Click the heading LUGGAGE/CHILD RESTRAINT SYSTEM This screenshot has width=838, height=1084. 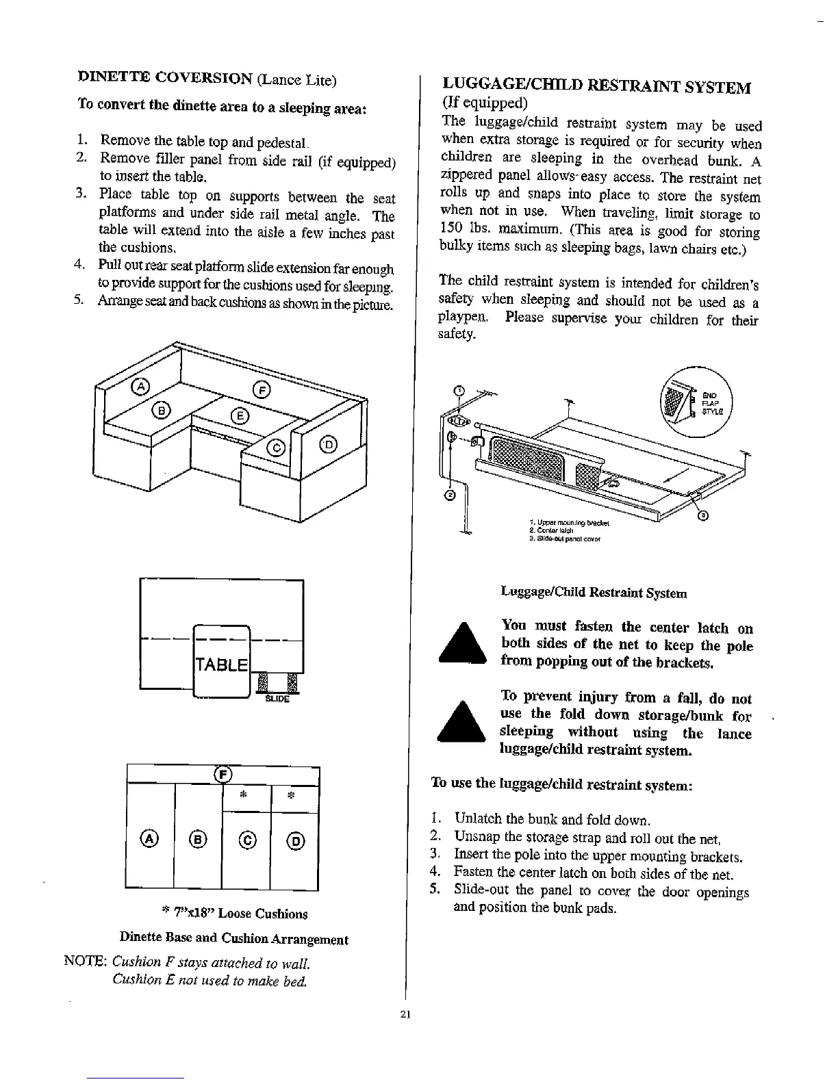(596, 87)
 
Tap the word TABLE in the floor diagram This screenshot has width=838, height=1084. (222, 665)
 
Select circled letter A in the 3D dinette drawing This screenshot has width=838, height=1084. (140, 387)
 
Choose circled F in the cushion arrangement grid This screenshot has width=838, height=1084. (223, 774)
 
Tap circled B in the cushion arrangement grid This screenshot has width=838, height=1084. (198, 840)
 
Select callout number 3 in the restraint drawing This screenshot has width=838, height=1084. (702, 516)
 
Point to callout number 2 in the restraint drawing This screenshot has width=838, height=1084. (450, 495)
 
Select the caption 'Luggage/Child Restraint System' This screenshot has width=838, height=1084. (594, 593)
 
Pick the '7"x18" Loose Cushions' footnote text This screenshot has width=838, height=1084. (234, 914)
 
